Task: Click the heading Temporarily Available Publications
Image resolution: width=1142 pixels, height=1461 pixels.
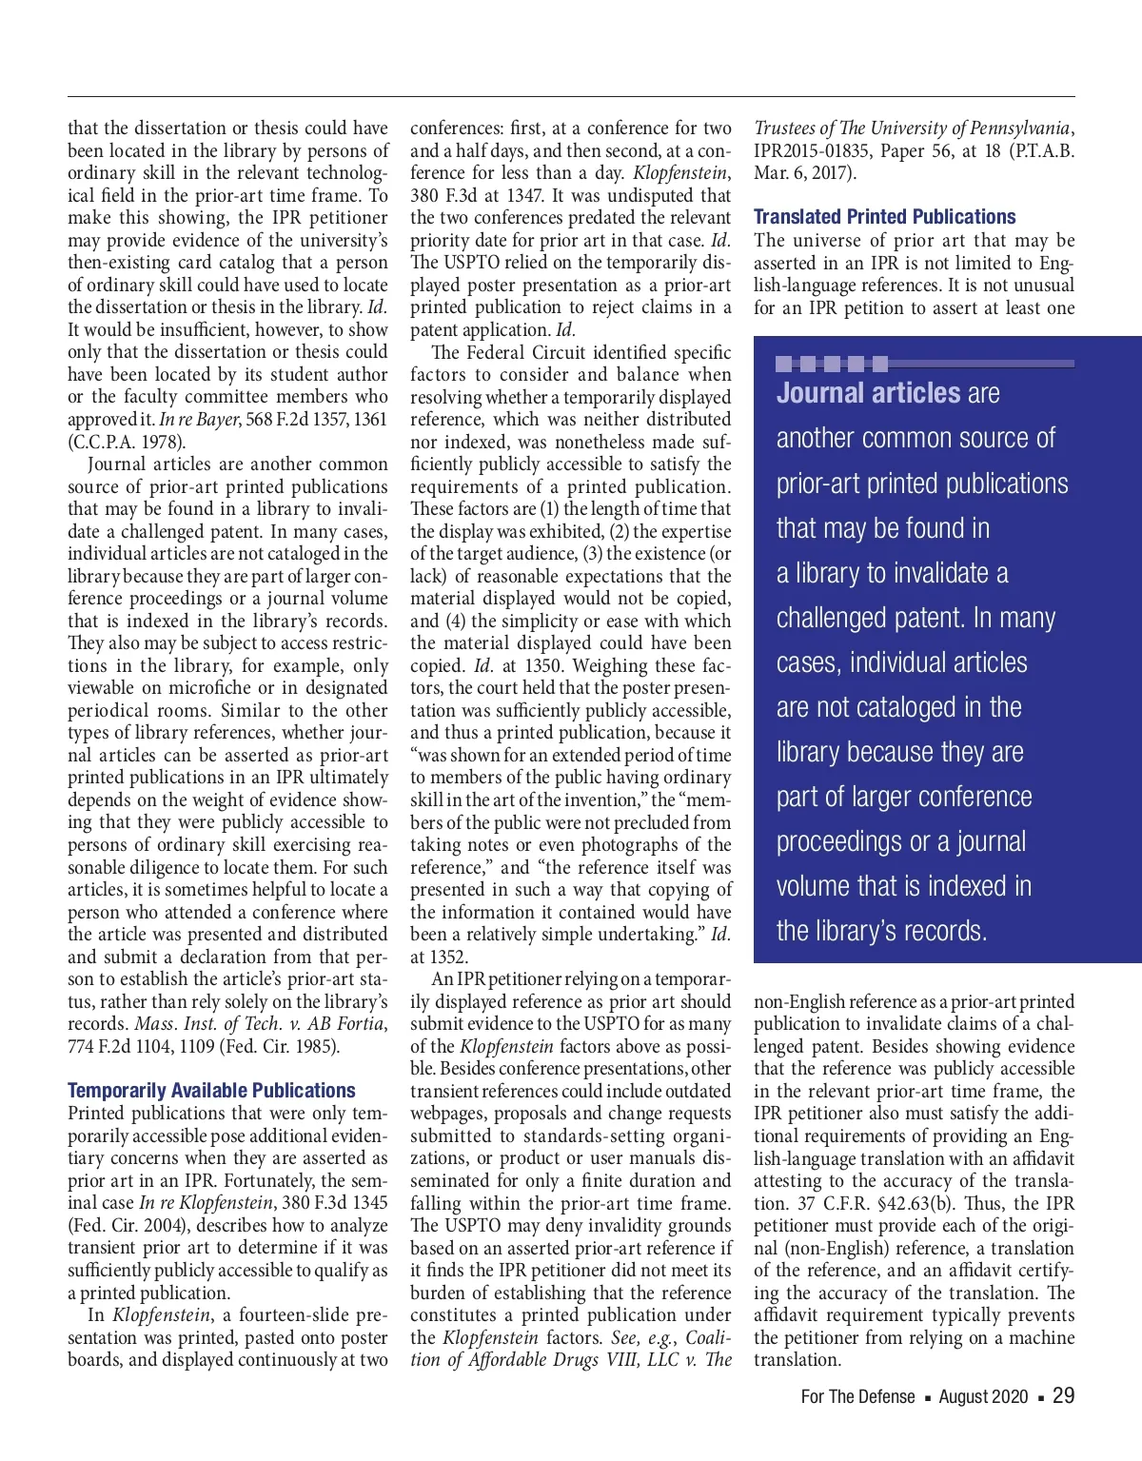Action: (211, 1091)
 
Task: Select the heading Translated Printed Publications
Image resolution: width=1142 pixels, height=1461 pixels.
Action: (884, 217)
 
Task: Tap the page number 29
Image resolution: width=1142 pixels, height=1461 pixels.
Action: (1064, 1395)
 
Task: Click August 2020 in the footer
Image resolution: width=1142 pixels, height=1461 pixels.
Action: (983, 1396)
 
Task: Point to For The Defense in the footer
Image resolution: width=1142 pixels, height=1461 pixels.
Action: (857, 1396)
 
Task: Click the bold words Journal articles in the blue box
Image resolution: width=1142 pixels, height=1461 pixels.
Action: (868, 393)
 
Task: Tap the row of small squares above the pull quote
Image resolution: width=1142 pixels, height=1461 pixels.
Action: (832, 364)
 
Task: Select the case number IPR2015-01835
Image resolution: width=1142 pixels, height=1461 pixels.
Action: (809, 150)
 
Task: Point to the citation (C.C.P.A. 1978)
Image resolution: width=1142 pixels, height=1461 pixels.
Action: (127, 442)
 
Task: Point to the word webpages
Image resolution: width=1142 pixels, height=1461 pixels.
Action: (445, 1114)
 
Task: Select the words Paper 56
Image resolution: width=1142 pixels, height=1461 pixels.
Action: (915, 150)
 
